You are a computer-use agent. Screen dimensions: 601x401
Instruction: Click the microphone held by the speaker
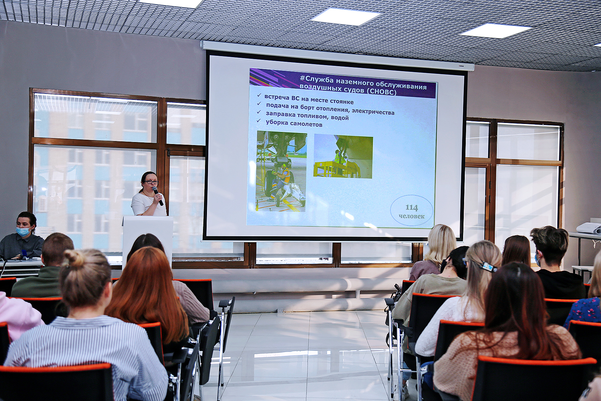pos(157,196)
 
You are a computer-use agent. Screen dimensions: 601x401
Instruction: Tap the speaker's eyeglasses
pos(151,182)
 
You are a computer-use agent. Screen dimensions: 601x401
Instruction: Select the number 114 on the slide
pos(412,208)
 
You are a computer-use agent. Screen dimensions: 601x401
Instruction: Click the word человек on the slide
pos(411,216)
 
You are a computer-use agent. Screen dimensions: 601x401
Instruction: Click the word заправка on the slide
pos(280,114)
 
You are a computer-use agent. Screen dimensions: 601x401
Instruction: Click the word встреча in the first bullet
pos(277,97)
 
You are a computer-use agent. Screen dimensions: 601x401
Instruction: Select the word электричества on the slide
pos(373,112)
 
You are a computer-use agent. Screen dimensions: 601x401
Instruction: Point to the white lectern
pos(148,241)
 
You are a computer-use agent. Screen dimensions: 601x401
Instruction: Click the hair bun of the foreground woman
pos(74,258)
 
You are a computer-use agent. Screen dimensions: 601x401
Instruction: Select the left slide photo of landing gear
pos(281,171)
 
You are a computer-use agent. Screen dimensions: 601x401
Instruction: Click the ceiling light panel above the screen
pos(346,16)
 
